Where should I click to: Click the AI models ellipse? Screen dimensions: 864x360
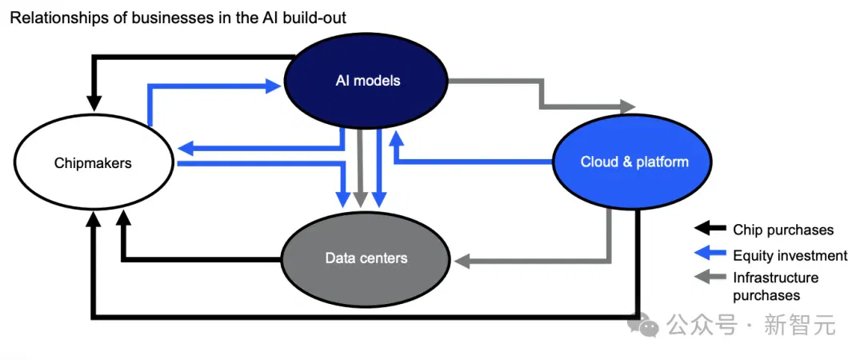367,81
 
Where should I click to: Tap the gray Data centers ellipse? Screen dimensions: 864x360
366,258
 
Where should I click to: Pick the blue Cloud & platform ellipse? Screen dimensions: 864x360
634,161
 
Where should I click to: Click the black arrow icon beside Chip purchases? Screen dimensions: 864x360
710,228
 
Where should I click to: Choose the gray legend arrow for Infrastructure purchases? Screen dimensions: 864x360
710,278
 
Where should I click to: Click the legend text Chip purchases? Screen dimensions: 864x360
783,230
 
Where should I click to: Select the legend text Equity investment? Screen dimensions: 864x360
790,255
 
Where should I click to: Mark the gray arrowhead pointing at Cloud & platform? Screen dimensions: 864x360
628,106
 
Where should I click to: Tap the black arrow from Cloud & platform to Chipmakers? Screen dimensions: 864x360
365,317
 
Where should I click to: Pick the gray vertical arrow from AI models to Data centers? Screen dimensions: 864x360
360,168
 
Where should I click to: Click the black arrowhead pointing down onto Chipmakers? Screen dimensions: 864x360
94,103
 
